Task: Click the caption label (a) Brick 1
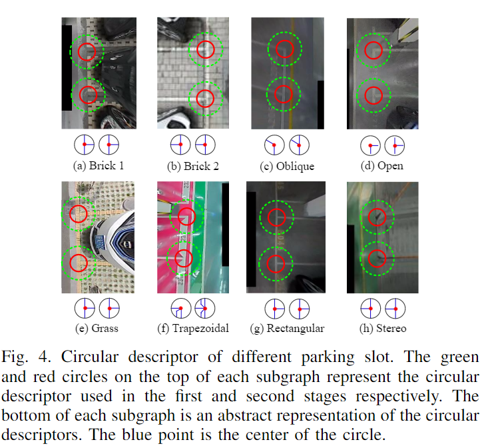click(x=98, y=165)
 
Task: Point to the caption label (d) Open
click(x=383, y=165)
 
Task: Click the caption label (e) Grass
click(x=98, y=329)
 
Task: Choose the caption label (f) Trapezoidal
click(x=193, y=329)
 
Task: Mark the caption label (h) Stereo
click(x=383, y=329)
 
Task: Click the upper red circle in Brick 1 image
click(x=87, y=51)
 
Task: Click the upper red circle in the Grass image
click(x=79, y=213)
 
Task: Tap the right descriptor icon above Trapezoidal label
click(x=204, y=308)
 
